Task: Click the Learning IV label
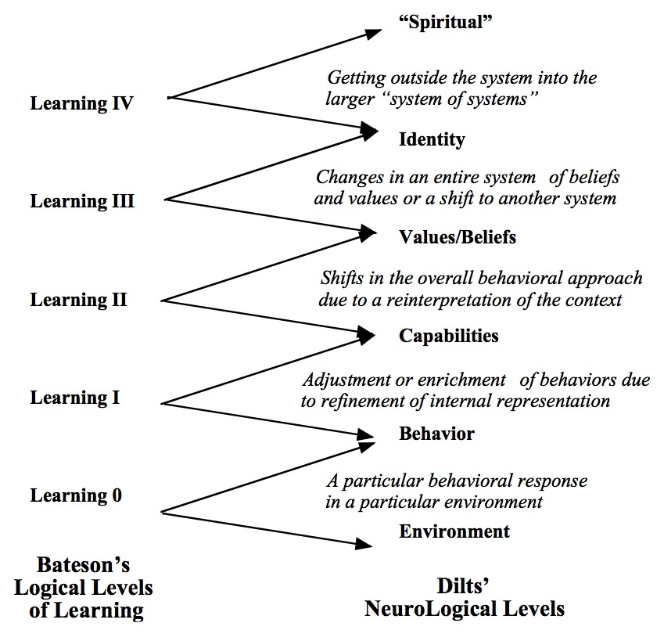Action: (x=82, y=104)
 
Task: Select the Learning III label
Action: (x=82, y=201)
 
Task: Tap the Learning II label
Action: (x=78, y=300)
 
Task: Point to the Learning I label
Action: (x=75, y=398)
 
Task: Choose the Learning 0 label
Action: (x=76, y=495)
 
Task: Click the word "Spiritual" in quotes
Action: (x=446, y=22)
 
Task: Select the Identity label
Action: (x=432, y=139)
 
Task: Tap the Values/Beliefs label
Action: (x=458, y=237)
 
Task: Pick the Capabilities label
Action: (x=448, y=336)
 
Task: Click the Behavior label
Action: (x=436, y=434)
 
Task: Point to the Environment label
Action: (x=454, y=531)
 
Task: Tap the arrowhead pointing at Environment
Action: (x=364, y=544)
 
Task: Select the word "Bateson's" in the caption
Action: (x=84, y=565)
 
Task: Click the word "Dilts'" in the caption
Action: (x=463, y=586)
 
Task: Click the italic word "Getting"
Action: (x=357, y=78)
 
